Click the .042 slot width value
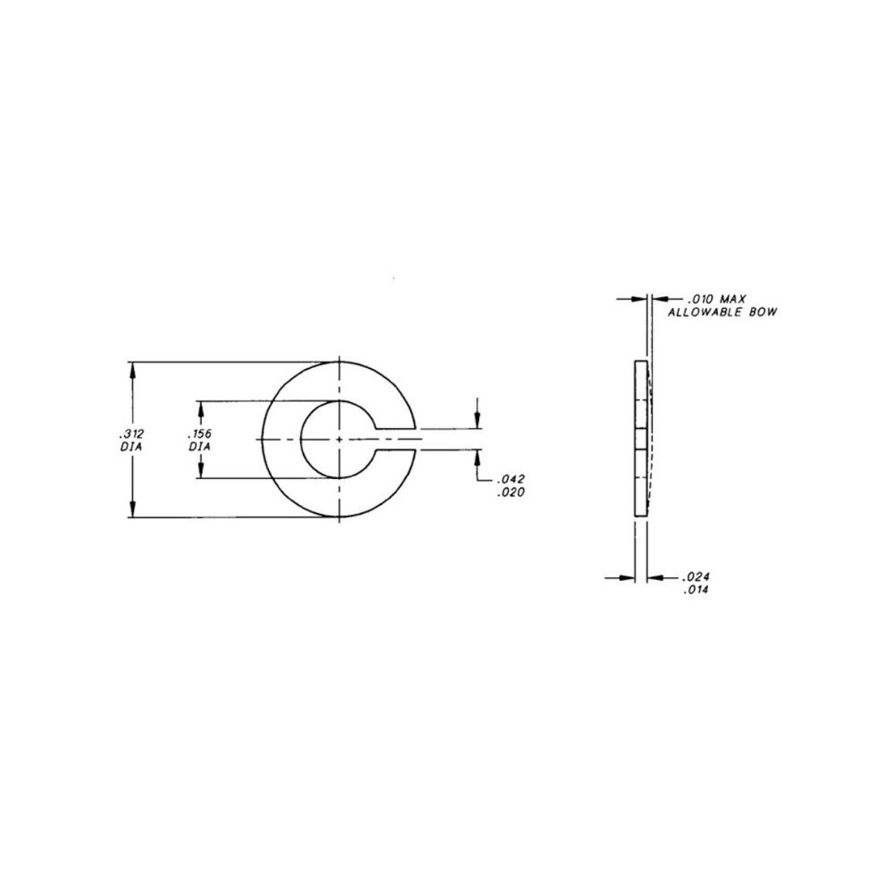pos(510,479)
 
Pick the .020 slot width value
pos(510,492)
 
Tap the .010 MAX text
pos(716,299)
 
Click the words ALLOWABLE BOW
pos(722,313)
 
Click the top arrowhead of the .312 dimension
pos(133,369)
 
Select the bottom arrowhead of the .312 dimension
pos(133,510)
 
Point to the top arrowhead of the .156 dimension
pos(200,409)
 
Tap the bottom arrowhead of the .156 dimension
pos(200,471)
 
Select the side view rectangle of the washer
pos(641,440)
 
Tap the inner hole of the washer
pos(329,440)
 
